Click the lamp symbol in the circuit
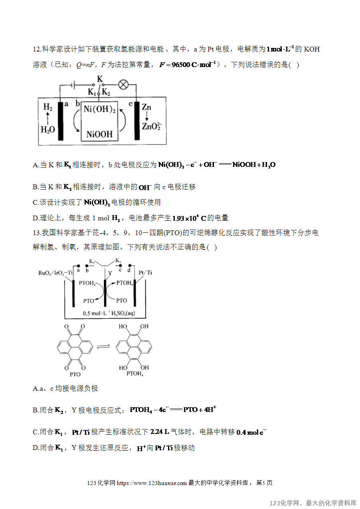pyautogui.click(x=123, y=85)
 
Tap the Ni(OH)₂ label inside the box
pyautogui.click(x=99, y=109)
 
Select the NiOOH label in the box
pyautogui.click(x=99, y=134)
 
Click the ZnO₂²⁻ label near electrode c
pyautogui.click(x=152, y=126)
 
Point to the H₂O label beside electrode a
pyautogui.click(x=48, y=129)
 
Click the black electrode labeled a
pyautogui.click(x=60, y=121)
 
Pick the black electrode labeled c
pyautogui.click(x=137, y=121)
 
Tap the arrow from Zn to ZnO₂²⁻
pyautogui.click(x=147, y=116)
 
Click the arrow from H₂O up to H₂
pyautogui.click(x=48, y=119)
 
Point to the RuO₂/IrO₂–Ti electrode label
pyautogui.click(x=55, y=273)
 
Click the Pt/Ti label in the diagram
pyautogui.click(x=145, y=272)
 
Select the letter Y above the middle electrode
pyautogui.click(x=110, y=273)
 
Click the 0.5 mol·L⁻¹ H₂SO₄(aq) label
pyautogui.click(x=109, y=313)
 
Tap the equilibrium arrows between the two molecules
pyautogui.click(x=103, y=346)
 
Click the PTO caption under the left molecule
pyautogui.click(x=75, y=374)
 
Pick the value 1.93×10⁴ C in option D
pyautogui.click(x=189, y=218)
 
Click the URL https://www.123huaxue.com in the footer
pyautogui.click(x=152, y=483)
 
